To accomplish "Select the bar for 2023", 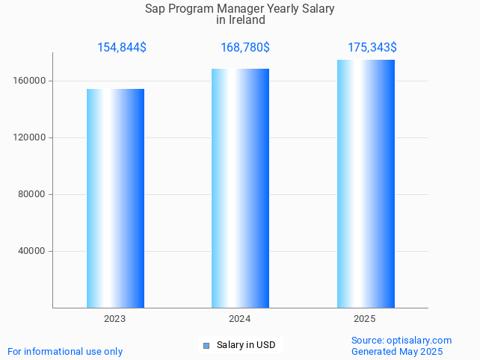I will tap(115, 198).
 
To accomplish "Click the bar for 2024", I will tap(240, 188).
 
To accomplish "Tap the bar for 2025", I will tap(366, 184).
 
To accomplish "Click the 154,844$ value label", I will tap(122, 48).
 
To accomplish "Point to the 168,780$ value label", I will tap(245, 48).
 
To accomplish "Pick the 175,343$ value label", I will tap(372, 48).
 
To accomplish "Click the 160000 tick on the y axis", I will tap(29, 81).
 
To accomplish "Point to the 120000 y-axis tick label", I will tap(29, 137).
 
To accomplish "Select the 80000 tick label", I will tap(31, 194).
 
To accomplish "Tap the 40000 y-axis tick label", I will tap(31, 251).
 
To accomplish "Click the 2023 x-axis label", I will tap(114, 319).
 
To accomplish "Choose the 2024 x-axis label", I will tap(239, 319).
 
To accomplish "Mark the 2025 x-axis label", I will tap(365, 319).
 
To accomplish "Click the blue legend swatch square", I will tap(207, 345).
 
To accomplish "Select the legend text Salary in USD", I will tap(246, 345).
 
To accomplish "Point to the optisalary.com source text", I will tap(419, 340).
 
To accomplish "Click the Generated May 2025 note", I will tap(397, 351).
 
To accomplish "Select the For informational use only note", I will tap(65, 351).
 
